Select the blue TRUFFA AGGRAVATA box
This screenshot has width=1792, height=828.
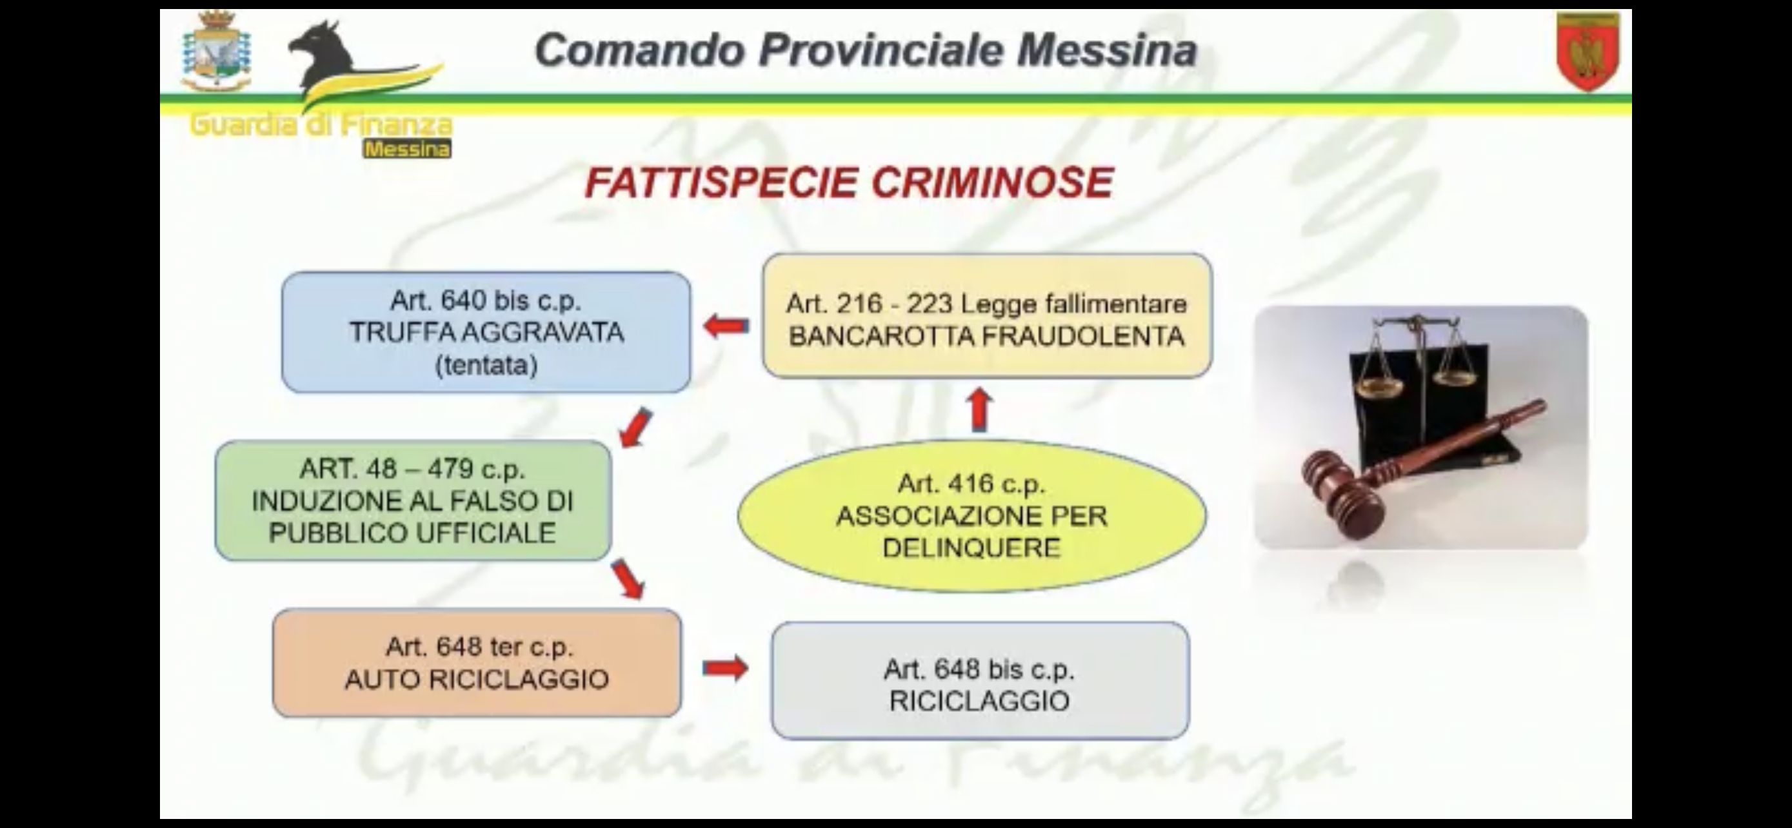click(x=486, y=332)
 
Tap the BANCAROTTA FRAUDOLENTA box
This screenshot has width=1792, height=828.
click(x=987, y=317)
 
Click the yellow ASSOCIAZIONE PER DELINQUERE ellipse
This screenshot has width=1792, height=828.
click(x=972, y=516)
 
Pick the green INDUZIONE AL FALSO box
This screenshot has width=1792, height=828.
click(x=413, y=500)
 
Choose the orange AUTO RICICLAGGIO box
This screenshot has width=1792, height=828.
click(x=477, y=663)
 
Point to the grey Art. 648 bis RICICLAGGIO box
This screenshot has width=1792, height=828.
click(x=980, y=680)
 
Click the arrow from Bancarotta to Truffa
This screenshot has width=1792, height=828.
click(x=726, y=326)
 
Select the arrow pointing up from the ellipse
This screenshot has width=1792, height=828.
click(x=979, y=409)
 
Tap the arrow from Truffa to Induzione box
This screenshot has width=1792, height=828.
click(x=637, y=428)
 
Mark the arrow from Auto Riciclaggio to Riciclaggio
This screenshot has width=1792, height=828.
click(x=726, y=668)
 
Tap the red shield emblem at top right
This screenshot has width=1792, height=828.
click(x=1588, y=52)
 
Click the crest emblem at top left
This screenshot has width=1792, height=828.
click(x=216, y=52)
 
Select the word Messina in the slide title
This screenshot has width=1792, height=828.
click(x=1107, y=50)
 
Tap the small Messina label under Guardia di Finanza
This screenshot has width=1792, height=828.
click(x=407, y=149)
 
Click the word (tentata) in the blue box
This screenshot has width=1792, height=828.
click(x=486, y=365)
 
